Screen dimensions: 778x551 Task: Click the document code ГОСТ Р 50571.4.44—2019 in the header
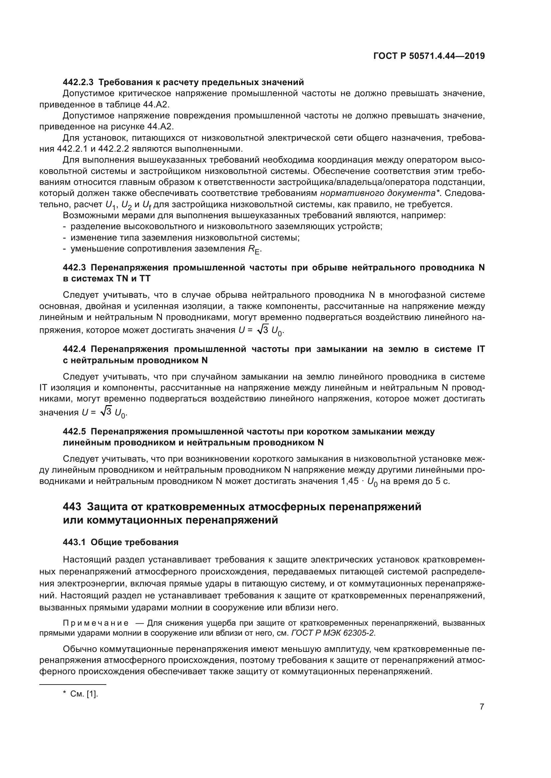tap(429, 56)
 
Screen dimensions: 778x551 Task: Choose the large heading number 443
tap(72, 507)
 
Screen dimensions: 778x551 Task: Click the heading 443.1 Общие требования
tap(121, 543)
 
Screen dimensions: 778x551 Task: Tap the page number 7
tap(482, 707)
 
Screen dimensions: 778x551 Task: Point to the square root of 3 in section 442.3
tap(263, 330)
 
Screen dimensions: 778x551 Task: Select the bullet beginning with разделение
tap(226, 227)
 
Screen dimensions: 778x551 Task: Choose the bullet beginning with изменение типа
tap(185, 237)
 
